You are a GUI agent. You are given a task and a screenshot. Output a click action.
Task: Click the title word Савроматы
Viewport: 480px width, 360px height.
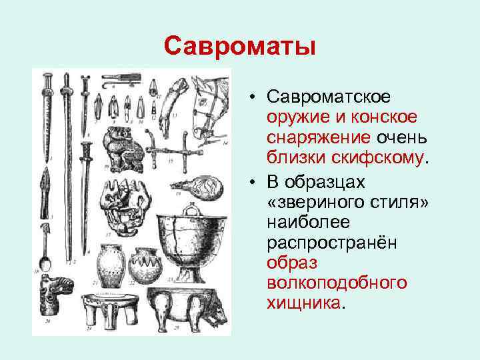point(239,47)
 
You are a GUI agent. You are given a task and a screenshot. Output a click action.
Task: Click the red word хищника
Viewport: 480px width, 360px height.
point(303,303)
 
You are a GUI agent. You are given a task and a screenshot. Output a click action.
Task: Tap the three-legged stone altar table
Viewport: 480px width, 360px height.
point(107,309)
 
